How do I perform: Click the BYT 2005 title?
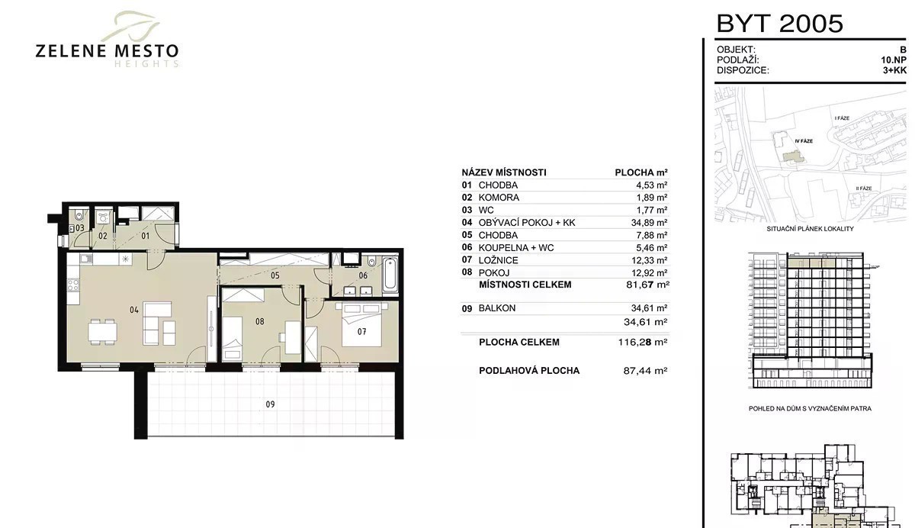[779, 24]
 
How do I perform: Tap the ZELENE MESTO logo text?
[107, 51]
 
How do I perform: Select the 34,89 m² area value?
[648, 223]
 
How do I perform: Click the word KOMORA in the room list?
[499, 198]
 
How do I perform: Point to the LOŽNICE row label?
[499, 260]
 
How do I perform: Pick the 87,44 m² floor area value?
[645, 371]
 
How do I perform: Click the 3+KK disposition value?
[894, 70]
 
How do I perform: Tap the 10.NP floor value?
[894, 60]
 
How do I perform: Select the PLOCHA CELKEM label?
[519, 342]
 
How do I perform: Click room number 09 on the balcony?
[270, 404]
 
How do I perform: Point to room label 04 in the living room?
[134, 311]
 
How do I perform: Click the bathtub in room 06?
[390, 274]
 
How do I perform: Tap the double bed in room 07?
[361, 324]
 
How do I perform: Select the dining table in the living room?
[102, 332]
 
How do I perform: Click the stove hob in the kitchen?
[73, 285]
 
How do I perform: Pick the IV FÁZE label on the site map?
[804, 141]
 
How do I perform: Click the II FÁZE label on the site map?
[863, 188]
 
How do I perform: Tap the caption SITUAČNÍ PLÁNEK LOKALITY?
[810, 229]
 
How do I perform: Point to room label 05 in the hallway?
[275, 275]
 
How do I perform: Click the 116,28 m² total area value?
[643, 342]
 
